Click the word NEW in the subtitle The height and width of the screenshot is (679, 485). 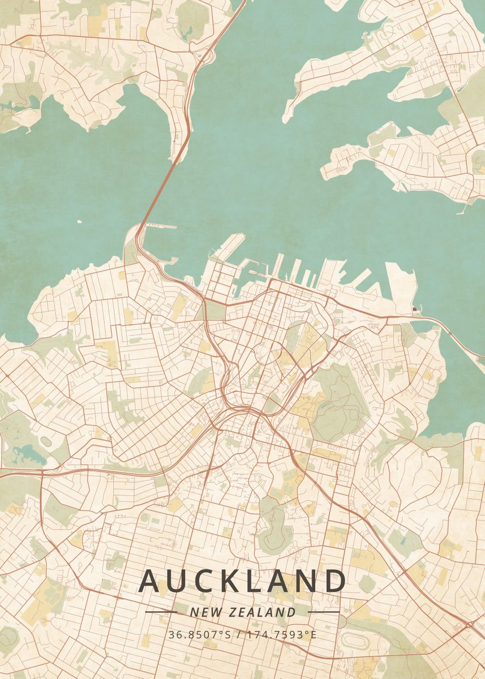201,612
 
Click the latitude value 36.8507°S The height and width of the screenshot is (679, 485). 199,634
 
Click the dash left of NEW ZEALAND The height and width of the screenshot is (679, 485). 161,612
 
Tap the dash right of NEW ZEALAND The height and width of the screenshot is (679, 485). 324,612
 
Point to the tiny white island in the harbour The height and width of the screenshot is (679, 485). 78,221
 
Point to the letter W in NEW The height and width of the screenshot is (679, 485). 211,612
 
